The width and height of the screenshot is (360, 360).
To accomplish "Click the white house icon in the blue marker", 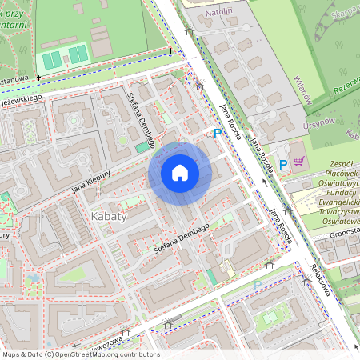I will point(180,173).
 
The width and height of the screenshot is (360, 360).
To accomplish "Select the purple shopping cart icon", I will point(298,160).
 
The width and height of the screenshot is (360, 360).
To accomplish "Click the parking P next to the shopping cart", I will point(282,164).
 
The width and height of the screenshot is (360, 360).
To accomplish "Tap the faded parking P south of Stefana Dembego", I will point(257,285).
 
